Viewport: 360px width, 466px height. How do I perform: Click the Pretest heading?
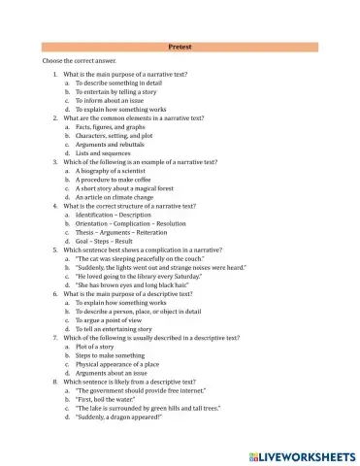pos(180,46)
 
